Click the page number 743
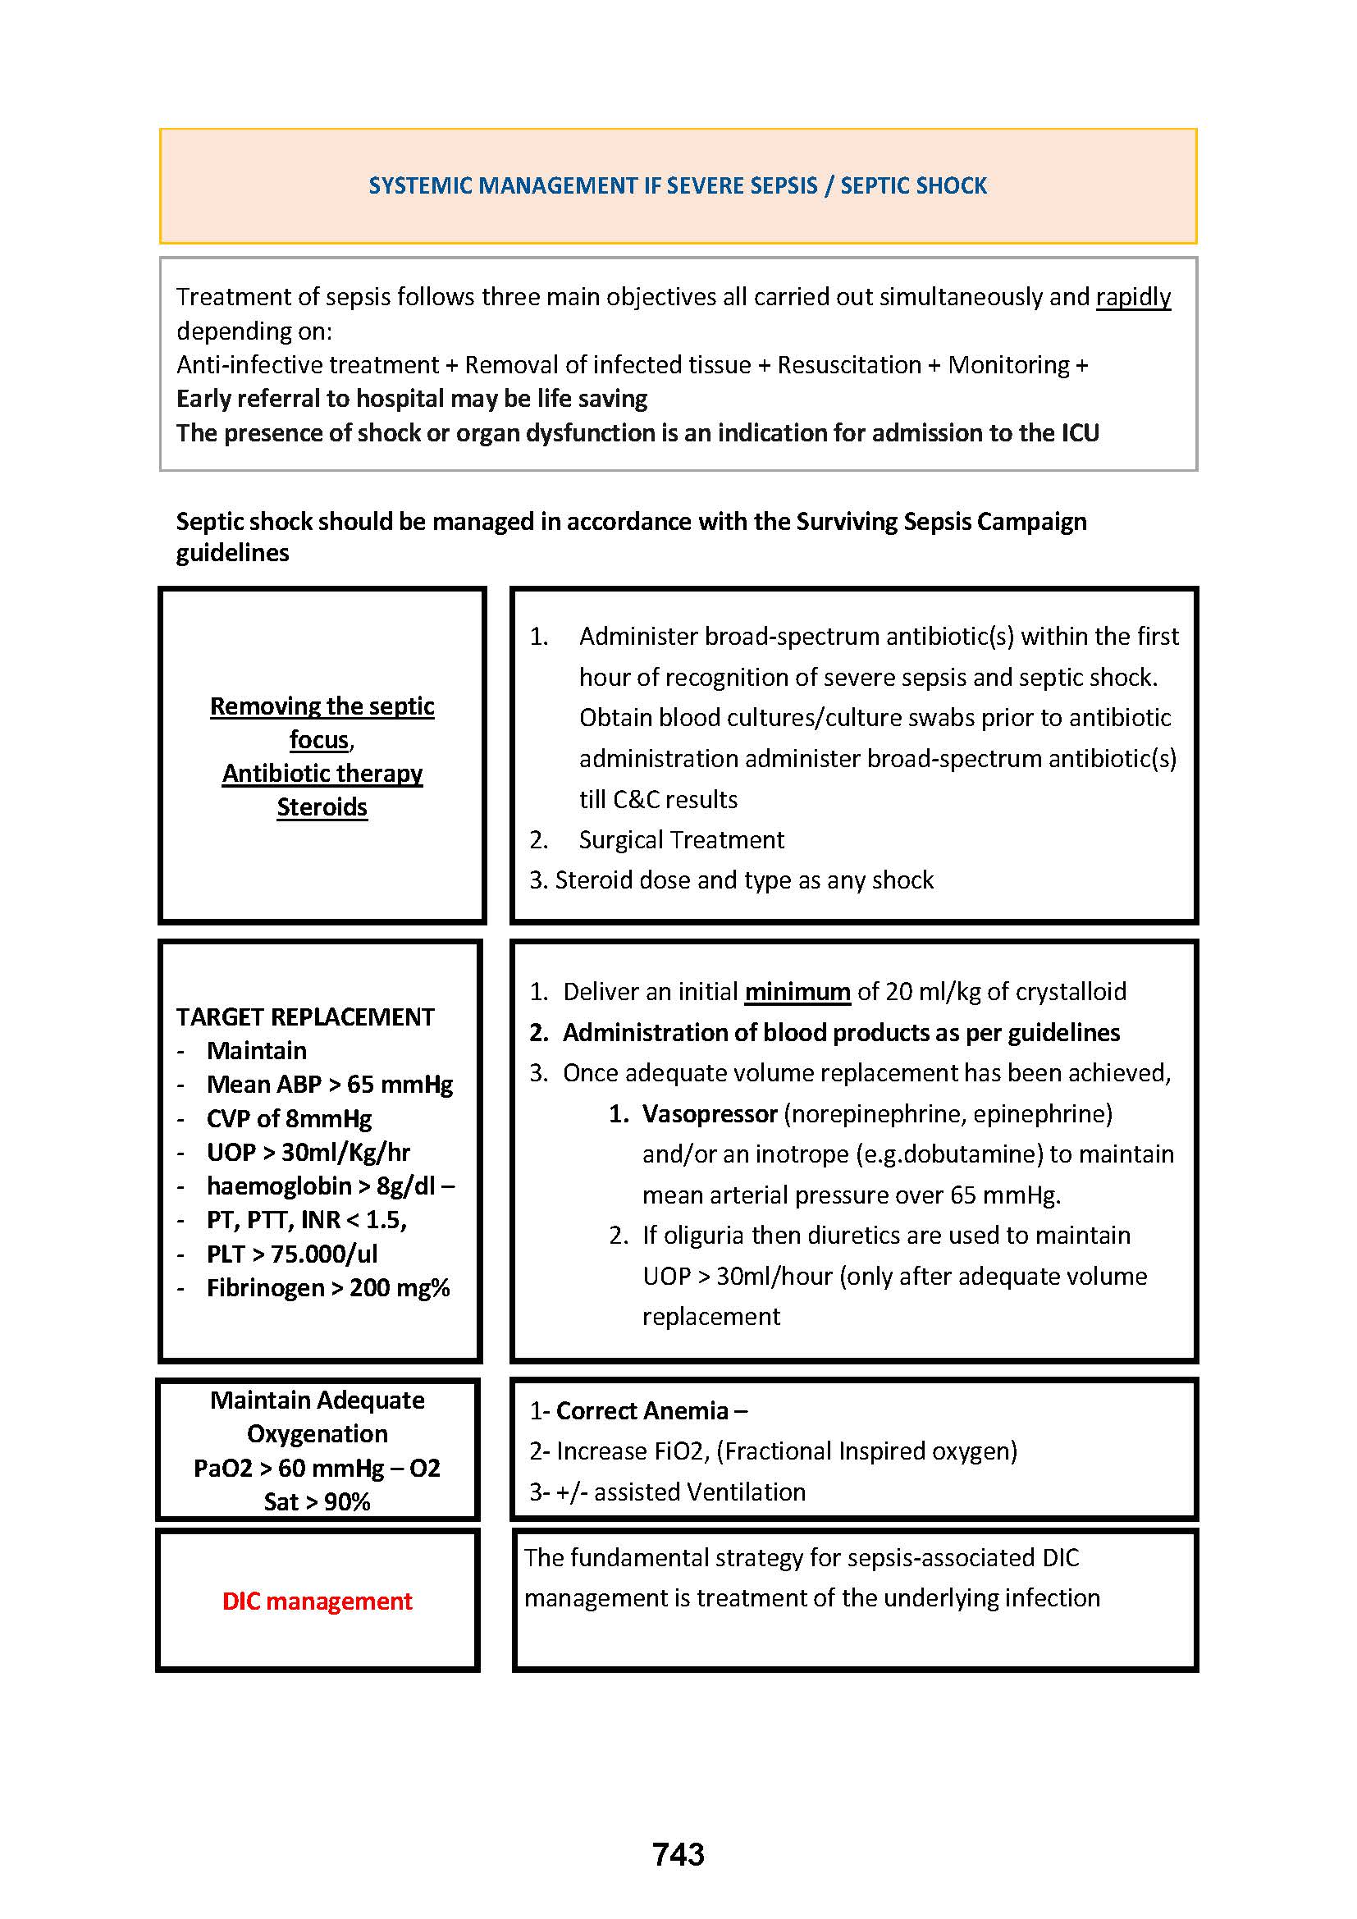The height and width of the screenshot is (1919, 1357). tap(678, 1854)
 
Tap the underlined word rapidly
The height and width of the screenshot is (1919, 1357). tap(1133, 297)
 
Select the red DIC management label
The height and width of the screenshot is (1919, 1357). tap(318, 1601)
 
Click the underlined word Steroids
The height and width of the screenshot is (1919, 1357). tap(322, 807)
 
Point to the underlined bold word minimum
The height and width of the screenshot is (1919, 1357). tap(797, 992)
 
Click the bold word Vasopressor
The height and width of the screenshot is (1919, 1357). tap(710, 1114)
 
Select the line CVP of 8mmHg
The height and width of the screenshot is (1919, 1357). tap(289, 1119)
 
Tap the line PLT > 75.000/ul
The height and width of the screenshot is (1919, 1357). tap(291, 1254)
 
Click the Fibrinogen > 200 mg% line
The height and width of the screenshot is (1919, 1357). tap(328, 1288)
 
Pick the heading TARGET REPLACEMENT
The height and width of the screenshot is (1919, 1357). tap(305, 1017)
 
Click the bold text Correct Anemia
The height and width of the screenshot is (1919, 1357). tap(642, 1411)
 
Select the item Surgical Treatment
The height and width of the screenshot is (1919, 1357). tap(681, 840)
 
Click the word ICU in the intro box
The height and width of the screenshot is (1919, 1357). tap(1080, 433)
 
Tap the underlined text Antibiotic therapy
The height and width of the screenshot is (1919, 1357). tap(322, 774)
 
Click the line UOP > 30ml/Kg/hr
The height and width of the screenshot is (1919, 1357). tap(308, 1153)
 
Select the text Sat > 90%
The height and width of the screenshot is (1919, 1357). tap(318, 1502)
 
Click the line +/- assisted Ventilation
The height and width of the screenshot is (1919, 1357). tap(681, 1492)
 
